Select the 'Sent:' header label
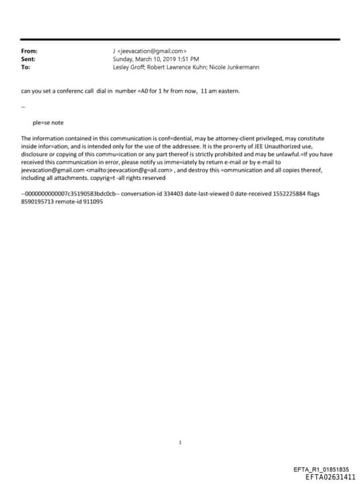coord(29,59)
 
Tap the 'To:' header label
coord(26,68)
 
